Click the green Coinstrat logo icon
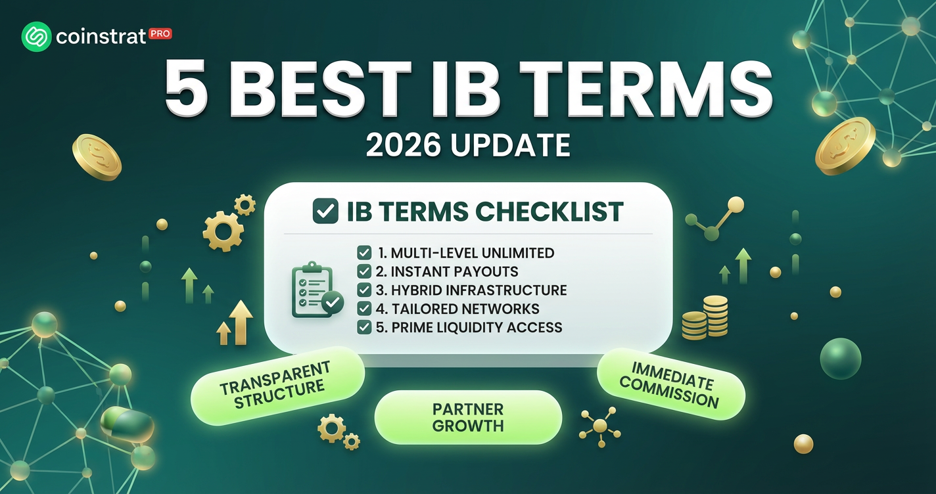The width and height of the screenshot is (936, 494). [36, 37]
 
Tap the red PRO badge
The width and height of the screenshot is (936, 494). [160, 34]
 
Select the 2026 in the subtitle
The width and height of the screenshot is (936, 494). [403, 145]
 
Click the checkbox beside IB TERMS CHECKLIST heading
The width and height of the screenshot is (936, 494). [325, 211]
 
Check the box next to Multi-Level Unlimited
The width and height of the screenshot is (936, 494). [364, 253]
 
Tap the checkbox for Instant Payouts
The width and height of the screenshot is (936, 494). [364, 271]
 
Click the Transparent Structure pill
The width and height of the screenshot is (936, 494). [277, 386]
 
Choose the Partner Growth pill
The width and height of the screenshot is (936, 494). [468, 417]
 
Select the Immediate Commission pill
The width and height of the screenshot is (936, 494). [670, 384]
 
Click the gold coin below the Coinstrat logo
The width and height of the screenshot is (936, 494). [97, 158]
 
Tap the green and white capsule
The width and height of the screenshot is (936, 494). [127, 424]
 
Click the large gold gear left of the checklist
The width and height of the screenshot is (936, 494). [223, 231]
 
